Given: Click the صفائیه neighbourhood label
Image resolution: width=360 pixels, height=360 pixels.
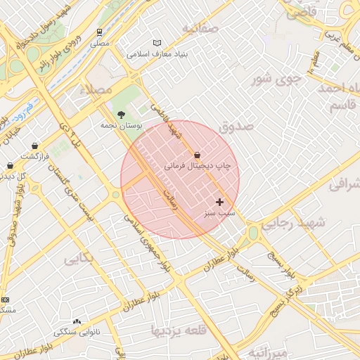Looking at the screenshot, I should (200, 29).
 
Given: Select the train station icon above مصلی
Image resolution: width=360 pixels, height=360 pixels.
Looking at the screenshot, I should (100, 32).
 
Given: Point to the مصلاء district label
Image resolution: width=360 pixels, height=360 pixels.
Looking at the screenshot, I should (96, 89).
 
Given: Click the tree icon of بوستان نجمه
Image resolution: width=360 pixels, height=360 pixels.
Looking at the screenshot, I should (121, 114).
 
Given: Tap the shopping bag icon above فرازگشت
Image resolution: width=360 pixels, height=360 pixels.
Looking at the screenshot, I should (34, 146).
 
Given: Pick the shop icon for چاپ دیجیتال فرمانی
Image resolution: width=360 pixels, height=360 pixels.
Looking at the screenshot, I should (196, 155).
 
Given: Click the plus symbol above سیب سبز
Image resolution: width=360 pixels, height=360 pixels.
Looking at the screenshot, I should (219, 202).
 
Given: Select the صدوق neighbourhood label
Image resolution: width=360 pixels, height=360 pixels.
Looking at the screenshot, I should (235, 127).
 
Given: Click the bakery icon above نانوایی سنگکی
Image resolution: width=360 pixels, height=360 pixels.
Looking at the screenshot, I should (77, 321).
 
